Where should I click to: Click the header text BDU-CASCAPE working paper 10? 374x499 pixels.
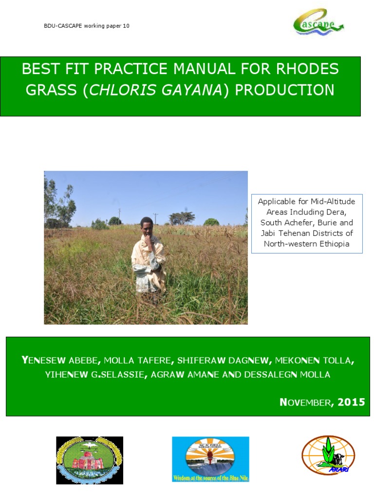point(87,26)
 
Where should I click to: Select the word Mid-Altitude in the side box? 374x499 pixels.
point(331,201)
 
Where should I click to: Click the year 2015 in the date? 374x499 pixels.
point(351,402)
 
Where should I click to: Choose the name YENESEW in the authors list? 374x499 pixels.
point(43,361)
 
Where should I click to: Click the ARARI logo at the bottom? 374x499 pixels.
point(328,455)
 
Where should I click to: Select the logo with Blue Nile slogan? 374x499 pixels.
point(210,459)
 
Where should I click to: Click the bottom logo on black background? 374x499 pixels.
point(90,460)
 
